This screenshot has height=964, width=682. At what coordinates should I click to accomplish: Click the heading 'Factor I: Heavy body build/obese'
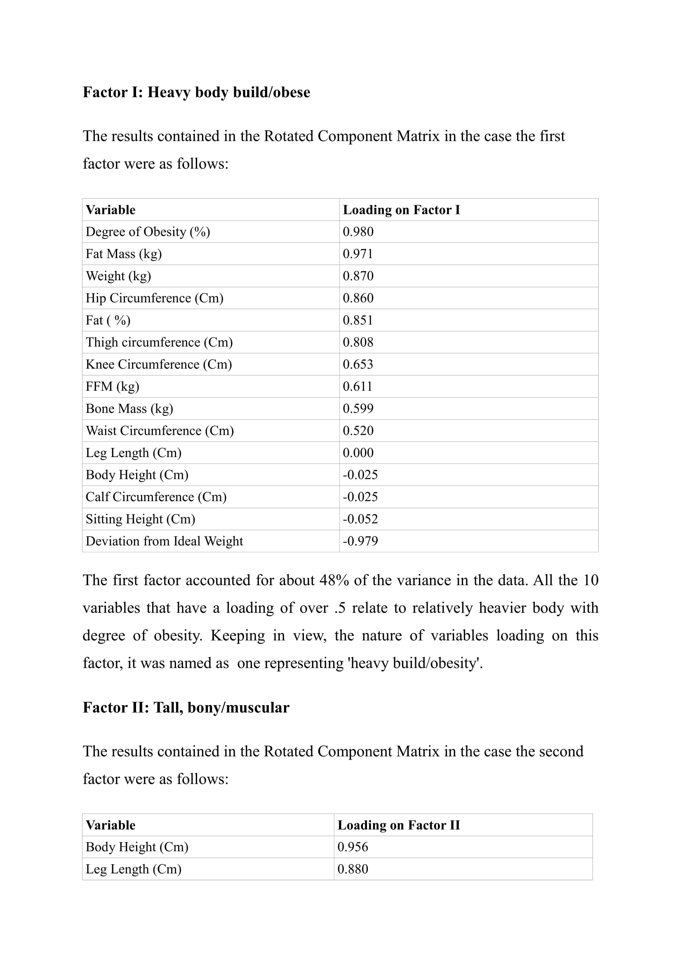pyautogui.click(x=196, y=92)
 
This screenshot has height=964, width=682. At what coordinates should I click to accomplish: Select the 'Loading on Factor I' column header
pyautogui.click(x=401, y=210)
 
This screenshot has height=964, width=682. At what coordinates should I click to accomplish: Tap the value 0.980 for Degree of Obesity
pyautogui.click(x=358, y=232)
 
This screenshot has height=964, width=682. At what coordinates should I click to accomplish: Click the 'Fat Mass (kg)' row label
pyautogui.click(x=123, y=254)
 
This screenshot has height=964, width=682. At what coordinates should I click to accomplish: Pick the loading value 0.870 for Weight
pyautogui.click(x=358, y=276)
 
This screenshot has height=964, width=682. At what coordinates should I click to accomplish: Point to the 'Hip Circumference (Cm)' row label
pyautogui.click(x=154, y=298)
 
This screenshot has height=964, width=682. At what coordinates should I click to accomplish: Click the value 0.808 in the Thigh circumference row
pyautogui.click(x=358, y=342)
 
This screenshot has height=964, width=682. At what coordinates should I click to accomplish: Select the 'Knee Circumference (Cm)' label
pyautogui.click(x=158, y=364)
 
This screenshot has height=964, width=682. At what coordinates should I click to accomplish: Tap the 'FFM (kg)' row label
pyautogui.click(x=112, y=386)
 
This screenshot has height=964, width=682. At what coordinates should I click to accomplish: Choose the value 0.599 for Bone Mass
pyautogui.click(x=358, y=408)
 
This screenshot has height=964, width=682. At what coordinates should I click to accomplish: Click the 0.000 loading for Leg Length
pyautogui.click(x=358, y=453)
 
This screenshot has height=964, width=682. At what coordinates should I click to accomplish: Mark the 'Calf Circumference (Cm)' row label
pyautogui.click(x=156, y=497)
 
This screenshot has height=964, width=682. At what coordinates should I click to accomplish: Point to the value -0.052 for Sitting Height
pyautogui.click(x=360, y=519)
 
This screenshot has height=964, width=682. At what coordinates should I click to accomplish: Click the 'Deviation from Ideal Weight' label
pyautogui.click(x=164, y=541)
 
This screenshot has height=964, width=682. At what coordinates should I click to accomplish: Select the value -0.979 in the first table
pyautogui.click(x=360, y=541)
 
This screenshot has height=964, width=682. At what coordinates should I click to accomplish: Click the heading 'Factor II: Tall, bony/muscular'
pyautogui.click(x=186, y=708)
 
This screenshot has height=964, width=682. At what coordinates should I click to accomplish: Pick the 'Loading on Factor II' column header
pyautogui.click(x=399, y=825)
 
